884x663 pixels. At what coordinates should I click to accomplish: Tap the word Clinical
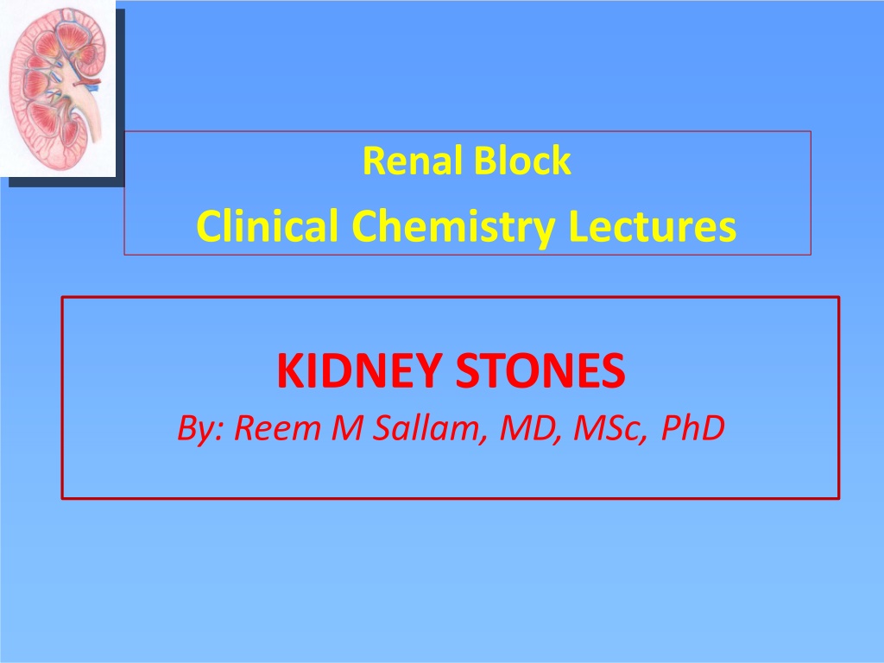click(x=268, y=225)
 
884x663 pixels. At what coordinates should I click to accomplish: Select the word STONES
click(x=540, y=370)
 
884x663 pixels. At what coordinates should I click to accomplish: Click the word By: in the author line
click(x=201, y=428)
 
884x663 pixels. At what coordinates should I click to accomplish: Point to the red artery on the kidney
click(x=87, y=84)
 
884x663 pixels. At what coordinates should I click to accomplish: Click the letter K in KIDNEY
click(x=288, y=370)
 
